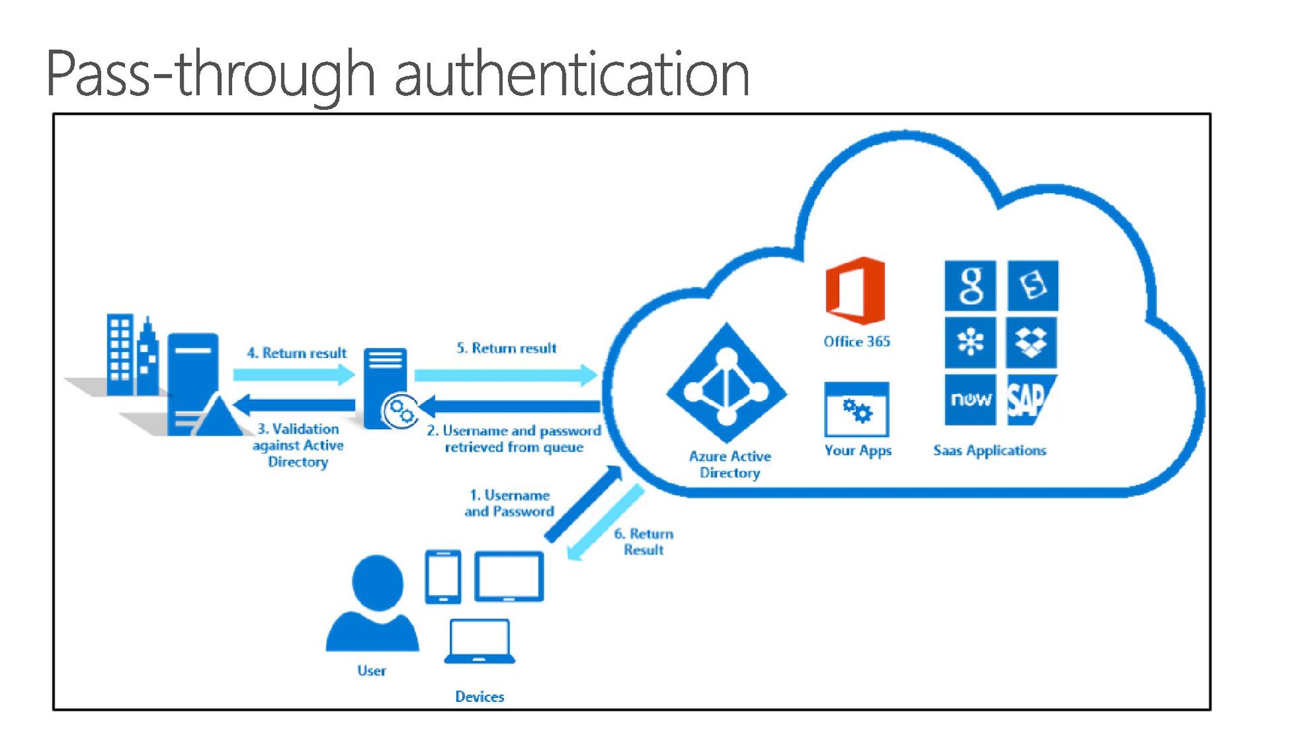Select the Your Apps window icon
(857, 409)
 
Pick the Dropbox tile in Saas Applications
(1031, 343)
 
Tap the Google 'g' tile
(970, 285)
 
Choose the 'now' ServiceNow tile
(970, 400)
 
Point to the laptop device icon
(480, 641)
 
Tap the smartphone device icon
(443, 577)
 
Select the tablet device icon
(509, 577)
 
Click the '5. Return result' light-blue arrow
(506, 374)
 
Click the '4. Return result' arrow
(293, 374)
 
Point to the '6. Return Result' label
(643, 542)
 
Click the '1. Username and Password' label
(509, 503)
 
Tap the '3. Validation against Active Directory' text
(298, 445)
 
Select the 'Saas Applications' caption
(989, 450)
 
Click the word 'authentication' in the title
(571, 74)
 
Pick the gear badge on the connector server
(400, 411)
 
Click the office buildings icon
(132, 355)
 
